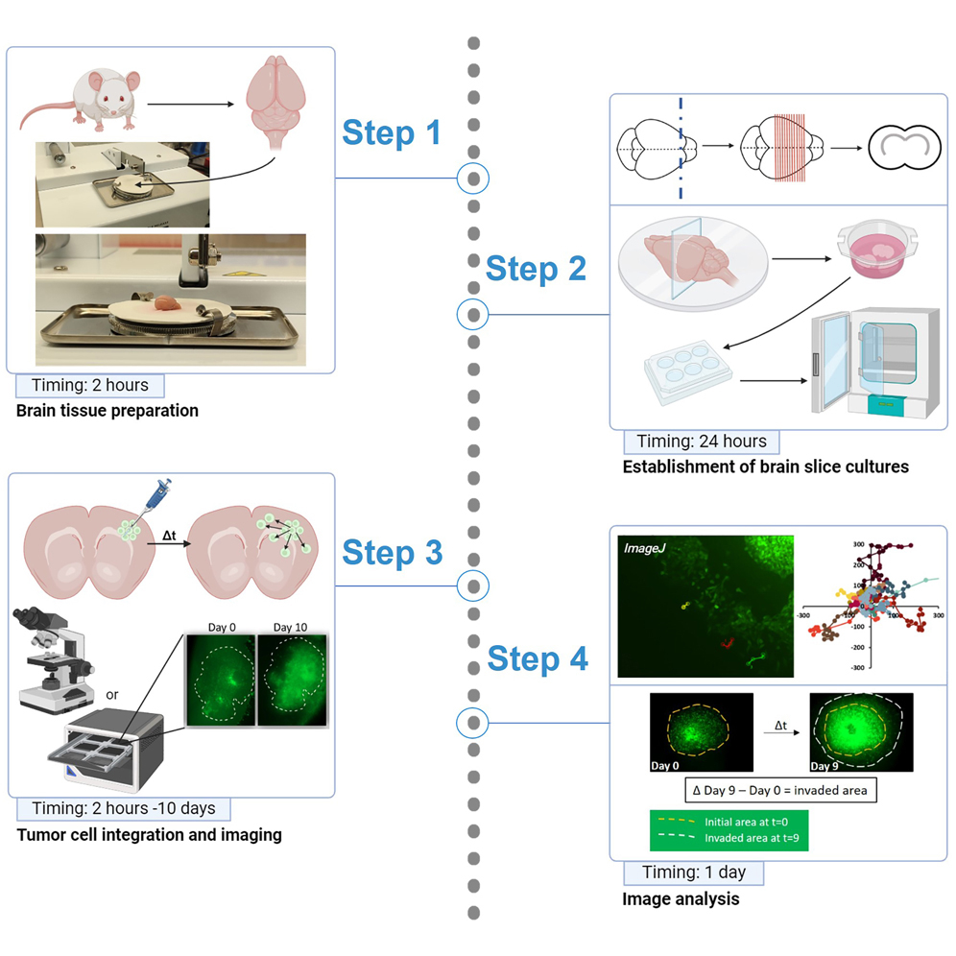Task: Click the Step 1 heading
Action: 392,132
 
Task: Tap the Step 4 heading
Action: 538,658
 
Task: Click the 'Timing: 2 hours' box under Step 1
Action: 90,386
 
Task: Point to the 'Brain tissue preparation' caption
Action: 108,411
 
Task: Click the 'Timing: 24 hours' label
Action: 702,442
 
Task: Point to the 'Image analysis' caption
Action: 681,899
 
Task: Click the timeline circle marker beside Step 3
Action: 473,584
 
